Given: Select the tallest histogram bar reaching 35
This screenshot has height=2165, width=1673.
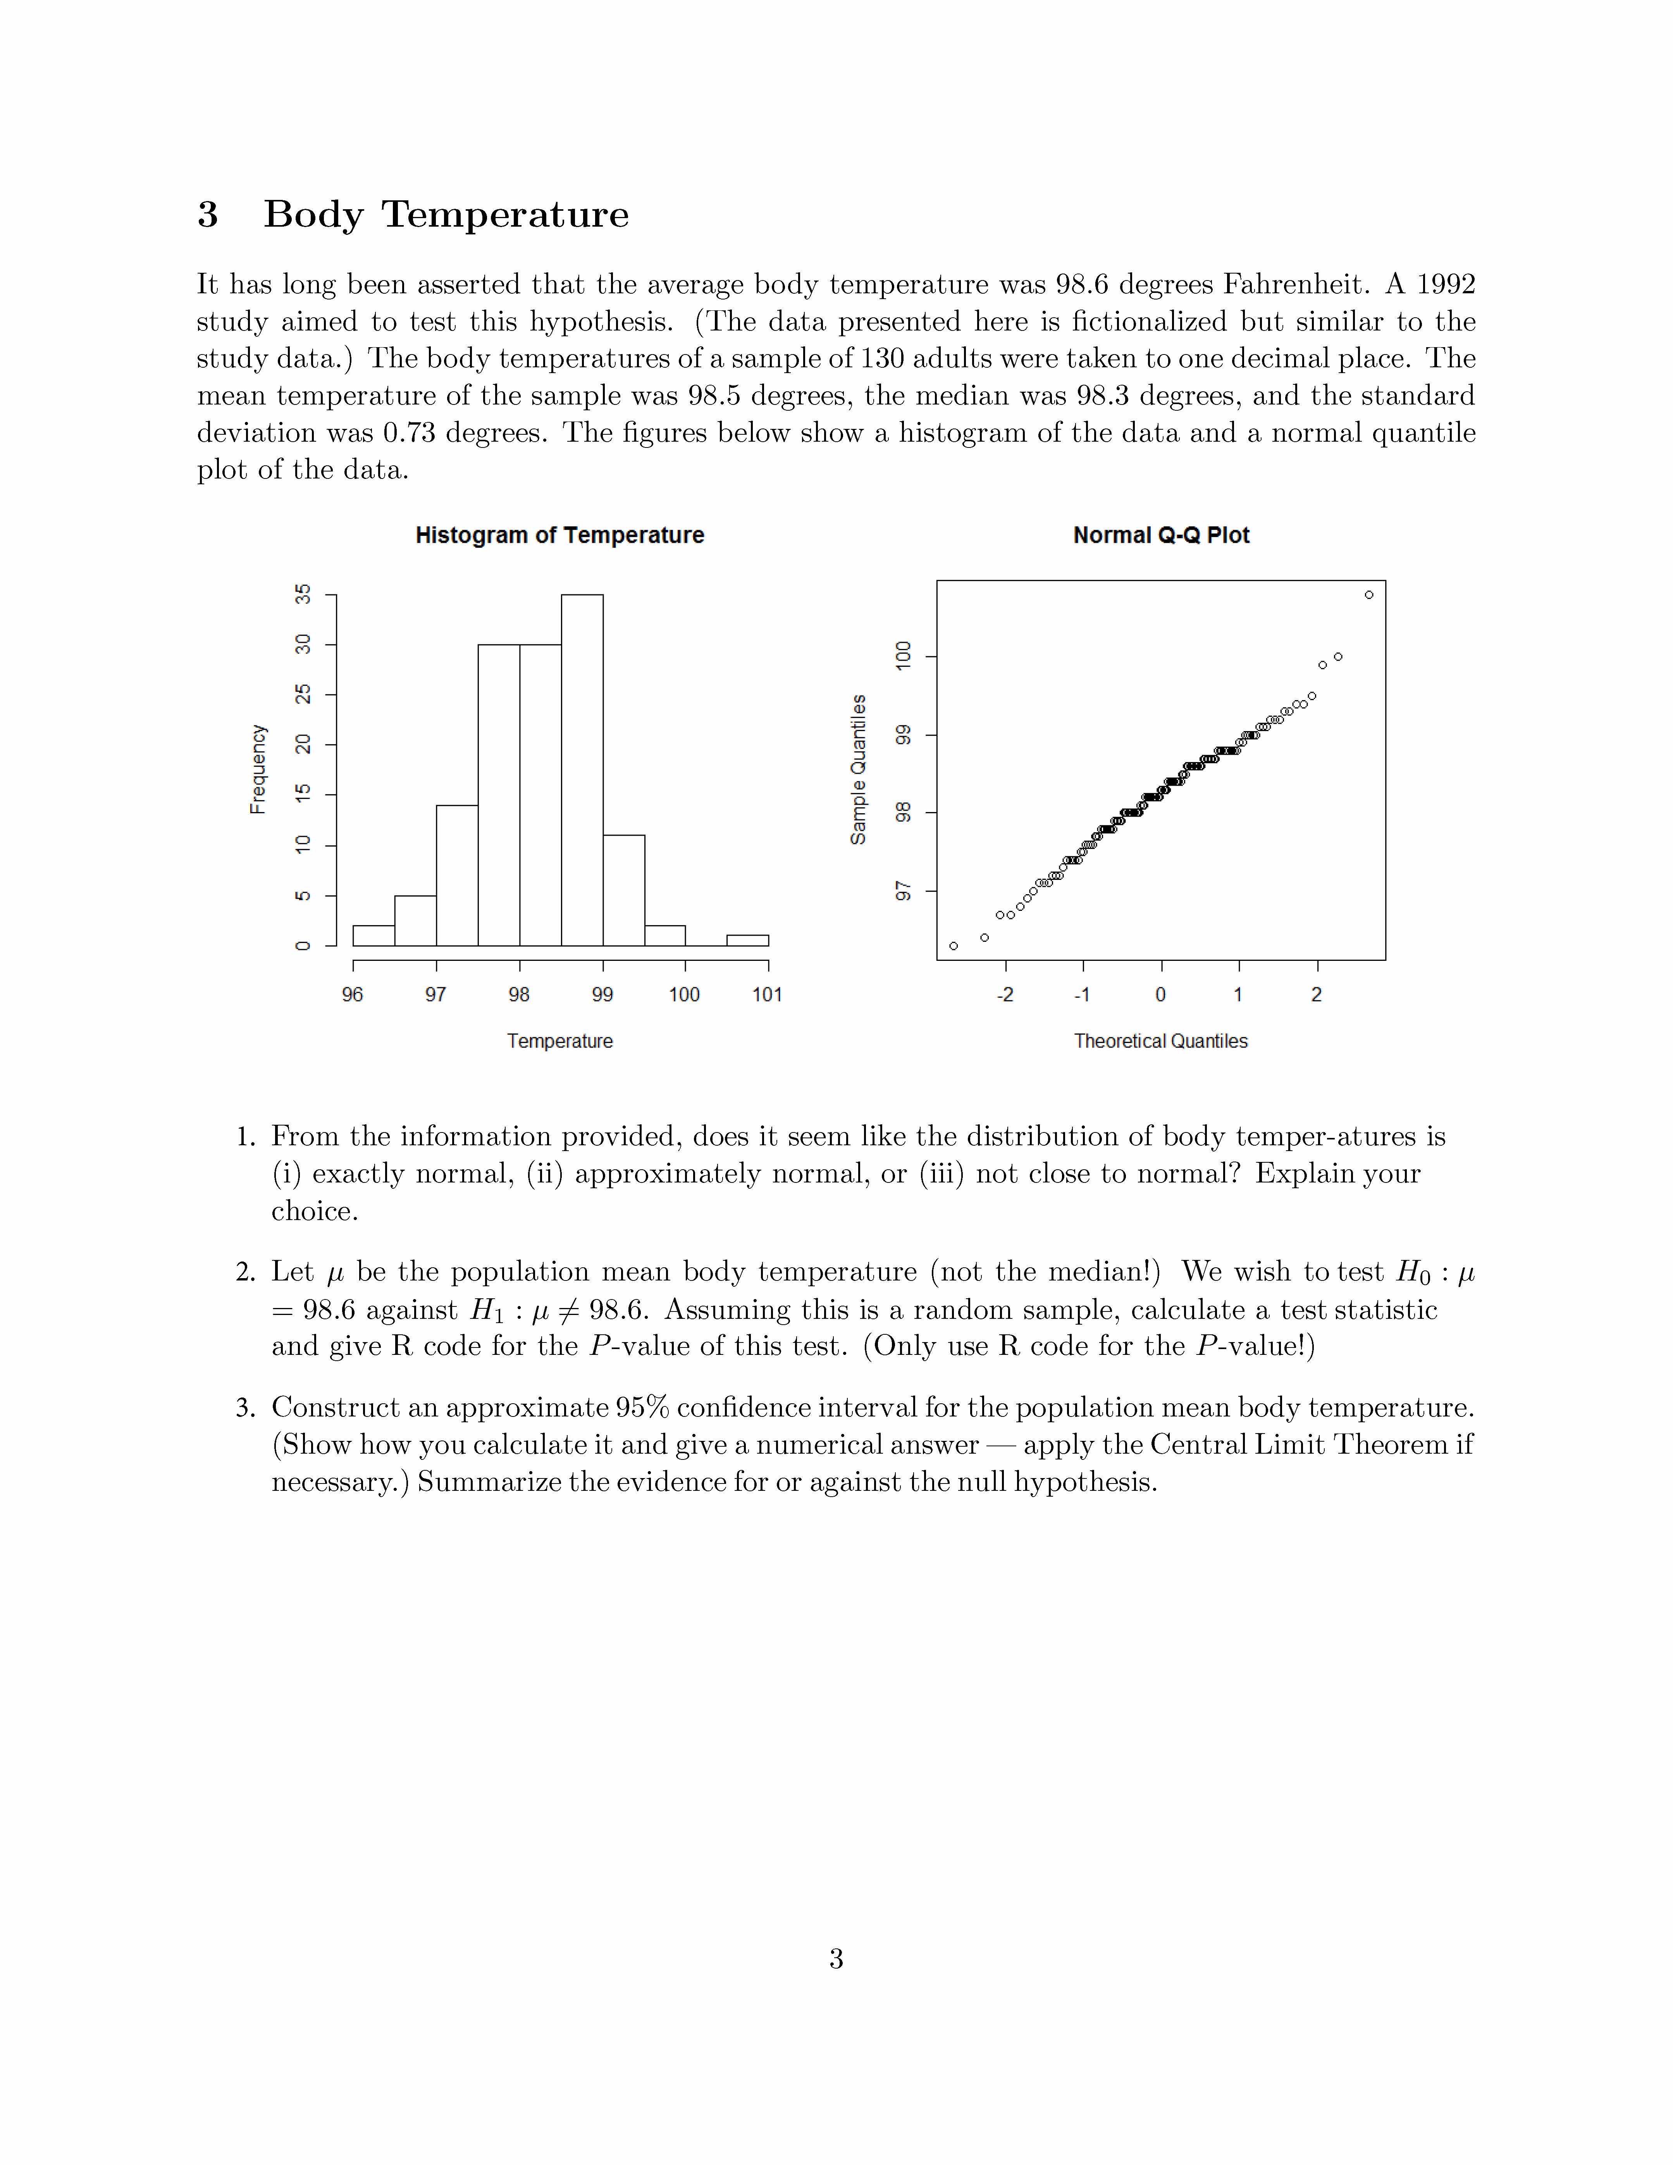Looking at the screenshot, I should tap(582, 770).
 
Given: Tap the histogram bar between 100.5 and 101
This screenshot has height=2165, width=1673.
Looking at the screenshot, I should tap(747, 940).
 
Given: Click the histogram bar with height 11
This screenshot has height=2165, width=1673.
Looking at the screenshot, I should tap(623, 890).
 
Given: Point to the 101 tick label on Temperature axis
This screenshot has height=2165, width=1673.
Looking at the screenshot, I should tap(767, 994).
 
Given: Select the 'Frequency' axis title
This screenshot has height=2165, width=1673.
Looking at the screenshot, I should tap(258, 769).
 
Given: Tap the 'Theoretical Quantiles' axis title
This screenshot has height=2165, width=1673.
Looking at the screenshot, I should tap(1160, 1041).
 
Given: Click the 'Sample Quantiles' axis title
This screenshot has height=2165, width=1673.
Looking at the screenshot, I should tap(858, 769).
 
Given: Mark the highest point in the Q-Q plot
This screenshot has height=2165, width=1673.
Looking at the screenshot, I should tap(1369, 595).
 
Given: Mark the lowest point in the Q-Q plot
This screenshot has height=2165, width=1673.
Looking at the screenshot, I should tap(954, 946).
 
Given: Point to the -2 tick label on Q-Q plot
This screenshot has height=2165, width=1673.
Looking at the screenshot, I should tap(1005, 994).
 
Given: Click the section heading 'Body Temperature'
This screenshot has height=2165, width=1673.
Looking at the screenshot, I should tap(446, 214).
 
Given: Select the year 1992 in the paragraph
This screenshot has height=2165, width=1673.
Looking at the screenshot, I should tap(1446, 284).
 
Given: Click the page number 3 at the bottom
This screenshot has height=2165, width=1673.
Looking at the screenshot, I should tap(835, 1959).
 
